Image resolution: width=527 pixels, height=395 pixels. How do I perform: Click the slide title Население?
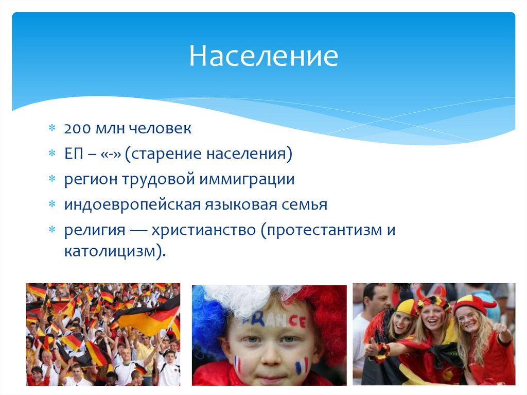(x=263, y=57)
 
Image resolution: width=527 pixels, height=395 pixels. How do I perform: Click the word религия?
(x=95, y=230)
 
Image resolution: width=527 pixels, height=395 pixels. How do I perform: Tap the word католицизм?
(x=112, y=252)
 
